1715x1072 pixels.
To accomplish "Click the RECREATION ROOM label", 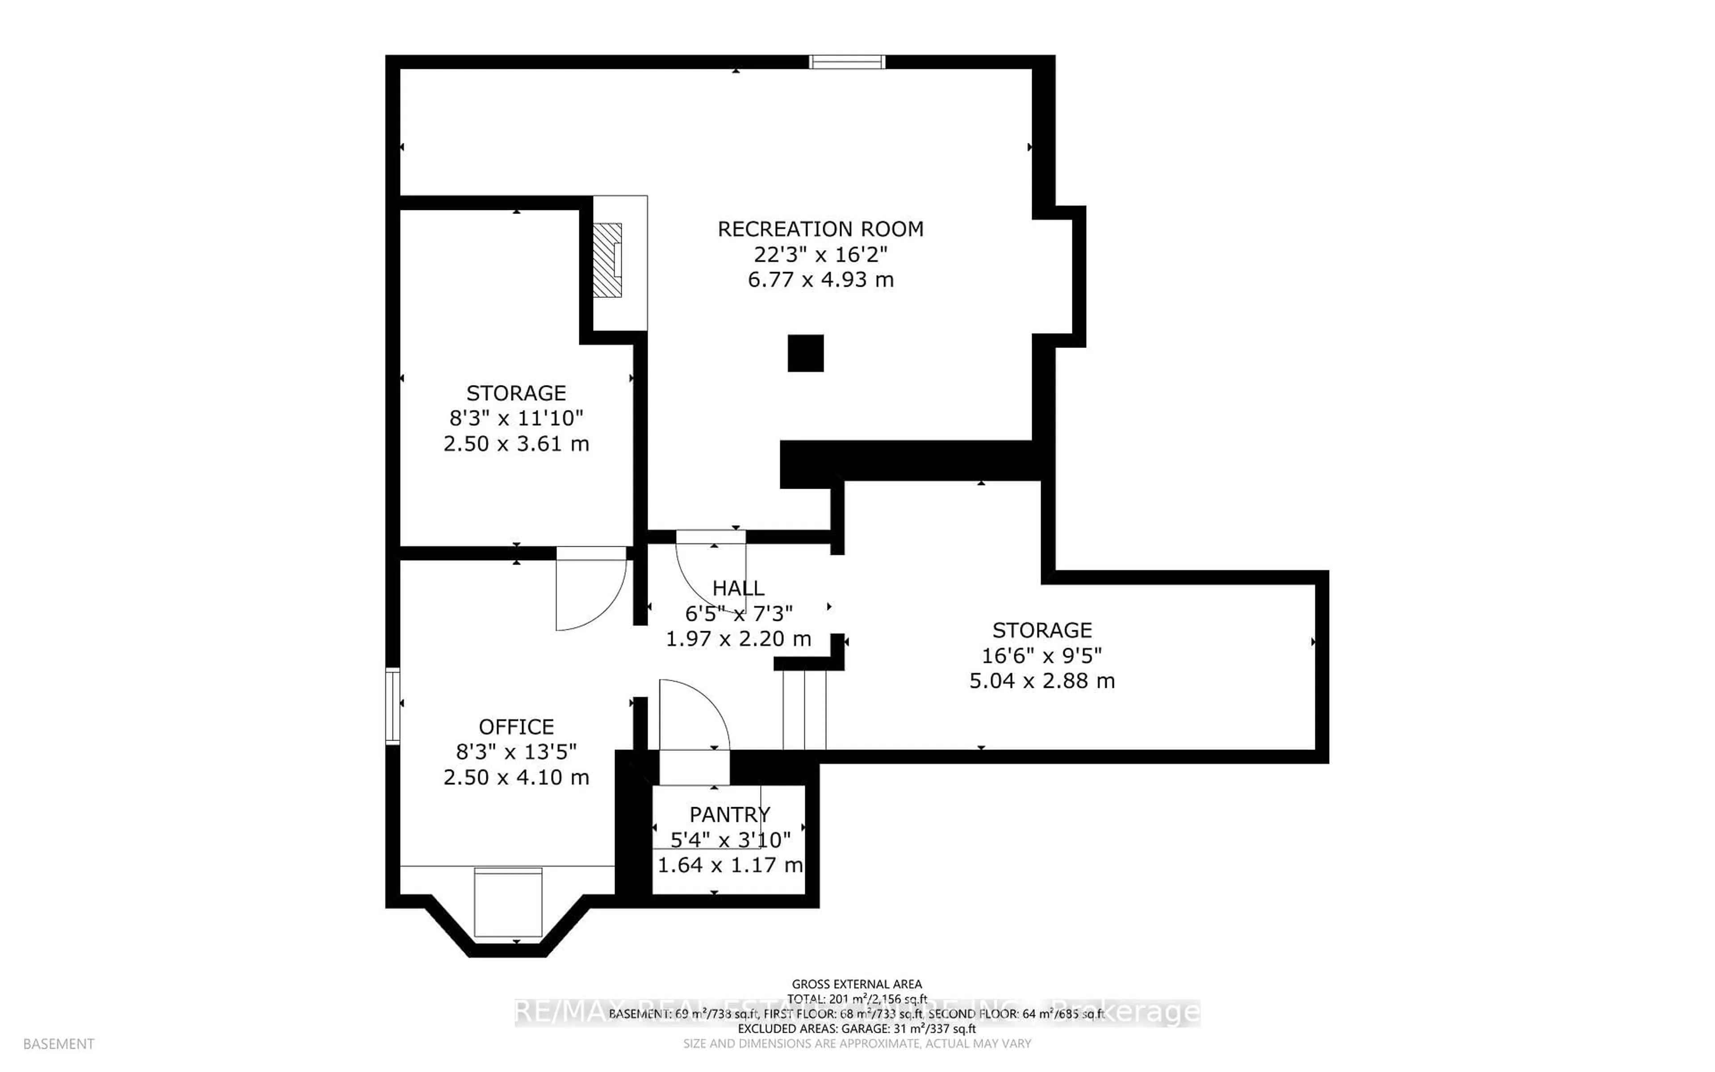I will tap(820, 229).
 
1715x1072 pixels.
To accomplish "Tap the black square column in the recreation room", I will tap(806, 353).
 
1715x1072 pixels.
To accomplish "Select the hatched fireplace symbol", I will tap(607, 260).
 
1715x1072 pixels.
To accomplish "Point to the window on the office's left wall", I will tap(393, 705).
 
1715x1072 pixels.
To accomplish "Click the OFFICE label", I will tap(516, 727).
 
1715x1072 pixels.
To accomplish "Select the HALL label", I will tap(738, 588).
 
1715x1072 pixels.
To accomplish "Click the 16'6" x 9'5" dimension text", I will tap(1042, 655).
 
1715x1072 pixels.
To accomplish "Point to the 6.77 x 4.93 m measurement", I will tap(820, 279).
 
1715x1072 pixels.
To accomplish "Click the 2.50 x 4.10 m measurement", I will tap(516, 777).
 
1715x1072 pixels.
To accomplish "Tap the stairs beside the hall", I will tap(804, 709).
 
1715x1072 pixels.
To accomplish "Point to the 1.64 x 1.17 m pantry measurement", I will tap(729, 865).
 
